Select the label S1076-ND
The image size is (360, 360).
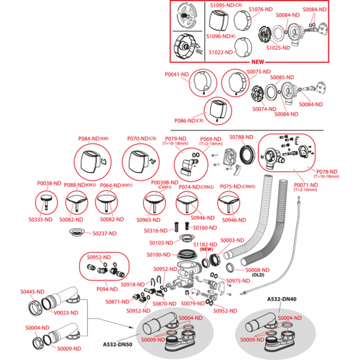point(260,10)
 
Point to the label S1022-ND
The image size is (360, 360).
point(221,52)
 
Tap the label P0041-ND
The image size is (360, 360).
point(177,75)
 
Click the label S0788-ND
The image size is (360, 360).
point(241,138)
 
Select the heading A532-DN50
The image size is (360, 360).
point(118,344)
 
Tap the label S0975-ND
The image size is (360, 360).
point(238,281)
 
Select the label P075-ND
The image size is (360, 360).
point(230,186)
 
